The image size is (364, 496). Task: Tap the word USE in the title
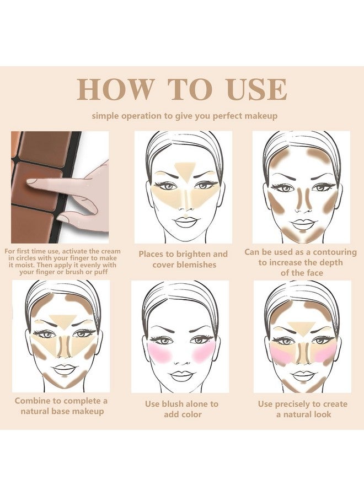click(x=257, y=89)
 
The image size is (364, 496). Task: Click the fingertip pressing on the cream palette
click(x=32, y=181)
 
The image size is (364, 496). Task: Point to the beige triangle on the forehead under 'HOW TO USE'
click(x=185, y=171)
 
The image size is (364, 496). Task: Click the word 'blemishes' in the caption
click(x=184, y=265)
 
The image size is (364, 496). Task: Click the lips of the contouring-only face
click(x=303, y=224)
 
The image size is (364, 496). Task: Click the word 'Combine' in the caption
click(x=33, y=401)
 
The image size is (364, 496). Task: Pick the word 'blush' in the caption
click(x=173, y=404)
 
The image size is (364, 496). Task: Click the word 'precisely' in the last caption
click(x=293, y=404)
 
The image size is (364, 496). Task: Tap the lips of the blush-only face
click(x=181, y=375)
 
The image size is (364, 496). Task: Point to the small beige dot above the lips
click(x=185, y=216)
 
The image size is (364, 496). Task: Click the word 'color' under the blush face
click(x=192, y=414)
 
